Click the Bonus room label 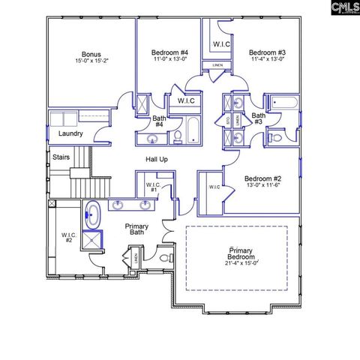pos(91,55)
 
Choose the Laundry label pos(70,133)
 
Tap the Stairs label pos(61,157)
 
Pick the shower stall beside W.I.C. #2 pos(93,241)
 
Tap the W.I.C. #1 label pos(152,187)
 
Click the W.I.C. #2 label pos(67,237)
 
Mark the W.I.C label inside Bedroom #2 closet pos(214,187)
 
